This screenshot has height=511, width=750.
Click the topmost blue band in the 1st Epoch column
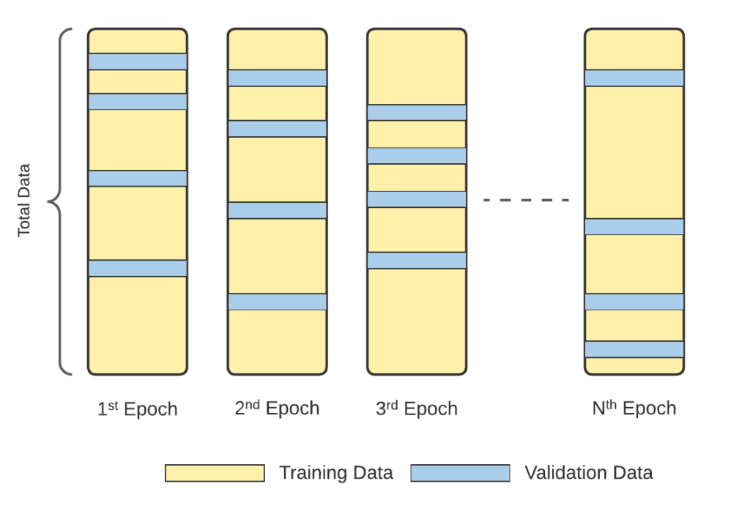[x=138, y=61]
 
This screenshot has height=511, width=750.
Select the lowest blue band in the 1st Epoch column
[x=138, y=268]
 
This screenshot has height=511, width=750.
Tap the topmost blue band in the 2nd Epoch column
[x=277, y=78]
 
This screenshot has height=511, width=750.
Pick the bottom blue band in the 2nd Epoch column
[x=277, y=302]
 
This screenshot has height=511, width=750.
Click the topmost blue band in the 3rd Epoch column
[x=417, y=112]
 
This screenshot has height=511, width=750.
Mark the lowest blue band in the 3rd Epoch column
[x=417, y=260]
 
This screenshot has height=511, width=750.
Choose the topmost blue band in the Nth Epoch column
[x=634, y=78]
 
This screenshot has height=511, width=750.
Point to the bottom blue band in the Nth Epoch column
[x=634, y=349]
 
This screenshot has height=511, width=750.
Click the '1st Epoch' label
[x=138, y=409]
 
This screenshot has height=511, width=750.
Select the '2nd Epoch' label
[x=277, y=408]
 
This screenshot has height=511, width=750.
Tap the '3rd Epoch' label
[x=417, y=409]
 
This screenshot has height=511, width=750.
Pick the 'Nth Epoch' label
[x=634, y=408]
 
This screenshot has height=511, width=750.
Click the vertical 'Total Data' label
[x=25, y=199]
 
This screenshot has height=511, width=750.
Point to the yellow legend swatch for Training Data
[x=215, y=473]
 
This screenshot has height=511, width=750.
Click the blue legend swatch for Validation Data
[x=460, y=473]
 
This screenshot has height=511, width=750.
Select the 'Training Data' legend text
[x=336, y=473]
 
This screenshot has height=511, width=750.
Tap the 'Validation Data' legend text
[x=589, y=473]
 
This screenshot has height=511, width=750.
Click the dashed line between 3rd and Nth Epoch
[x=526, y=200]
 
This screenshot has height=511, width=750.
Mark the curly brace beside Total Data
[x=62, y=200]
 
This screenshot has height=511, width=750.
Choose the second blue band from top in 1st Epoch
[x=138, y=102]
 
